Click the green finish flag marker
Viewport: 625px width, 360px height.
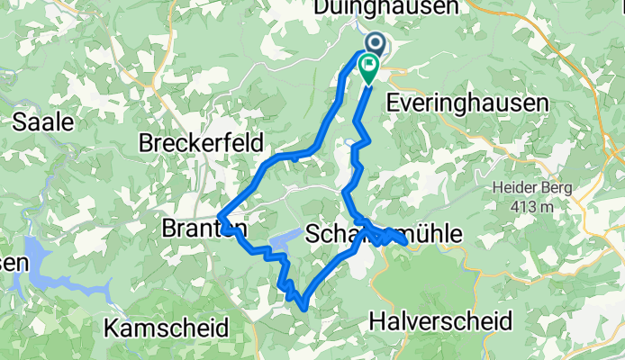[368, 65]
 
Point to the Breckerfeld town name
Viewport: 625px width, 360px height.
[202, 143]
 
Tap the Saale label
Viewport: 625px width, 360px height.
[42, 123]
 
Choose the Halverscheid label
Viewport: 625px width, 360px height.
[441, 320]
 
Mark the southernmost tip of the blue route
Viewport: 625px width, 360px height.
[306, 309]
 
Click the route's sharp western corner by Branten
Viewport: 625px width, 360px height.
[220, 213]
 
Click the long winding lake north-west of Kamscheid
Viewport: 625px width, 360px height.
[63, 270]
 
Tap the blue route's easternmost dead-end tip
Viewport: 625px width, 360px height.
[406, 241]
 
